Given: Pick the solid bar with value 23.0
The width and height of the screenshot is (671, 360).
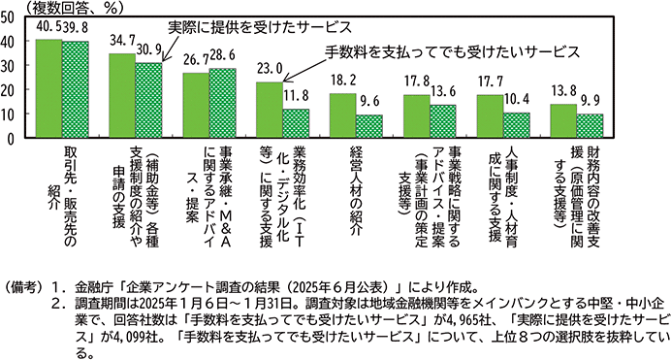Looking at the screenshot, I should (270, 110).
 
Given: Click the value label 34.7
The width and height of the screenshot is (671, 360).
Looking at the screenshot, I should (123, 44).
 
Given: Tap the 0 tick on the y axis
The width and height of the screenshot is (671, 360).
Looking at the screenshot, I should (11, 138).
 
